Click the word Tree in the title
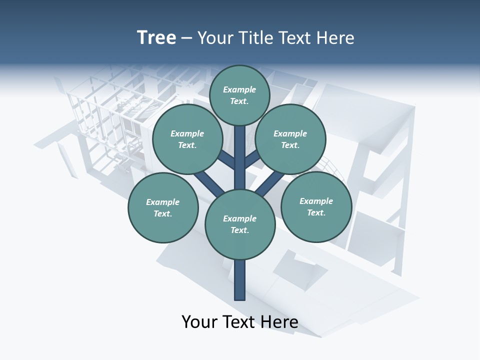156,37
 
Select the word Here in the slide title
335,38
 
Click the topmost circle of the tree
239,95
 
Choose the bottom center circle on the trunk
240,224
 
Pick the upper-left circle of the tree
187,139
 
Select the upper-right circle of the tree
290,139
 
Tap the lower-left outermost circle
163,208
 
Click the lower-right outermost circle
316,207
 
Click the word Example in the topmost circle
239,89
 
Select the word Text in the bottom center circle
239,230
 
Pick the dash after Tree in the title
187,38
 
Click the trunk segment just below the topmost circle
240,137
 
